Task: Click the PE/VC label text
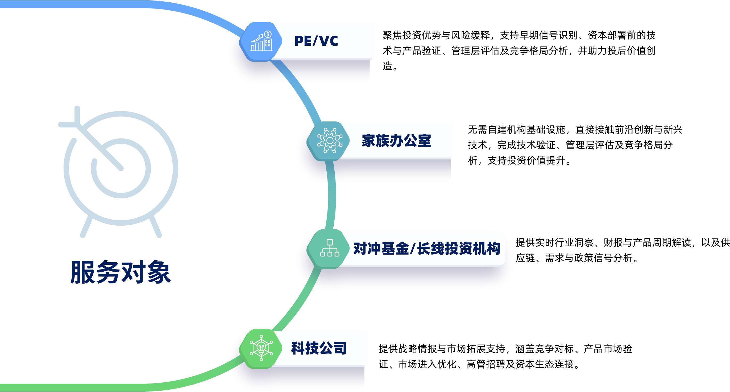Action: (x=316, y=41)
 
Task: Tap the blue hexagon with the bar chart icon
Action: (x=261, y=42)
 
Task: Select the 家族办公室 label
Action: (x=396, y=141)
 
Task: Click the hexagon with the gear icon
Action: (x=329, y=141)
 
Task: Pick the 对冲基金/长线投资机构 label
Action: (x=426, y=249)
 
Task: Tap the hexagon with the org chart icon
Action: (x=329, y=249)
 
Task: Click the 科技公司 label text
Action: (x=319, y=348)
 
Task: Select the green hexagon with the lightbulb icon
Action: (x=261, y=349)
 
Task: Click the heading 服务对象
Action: (x=121, y=272)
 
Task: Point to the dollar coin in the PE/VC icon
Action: (x=268, y=34)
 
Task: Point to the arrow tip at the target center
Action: (x=121, y=168)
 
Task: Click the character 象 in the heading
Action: (x=159, y=272)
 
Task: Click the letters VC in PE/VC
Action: (x=329, y=41)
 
